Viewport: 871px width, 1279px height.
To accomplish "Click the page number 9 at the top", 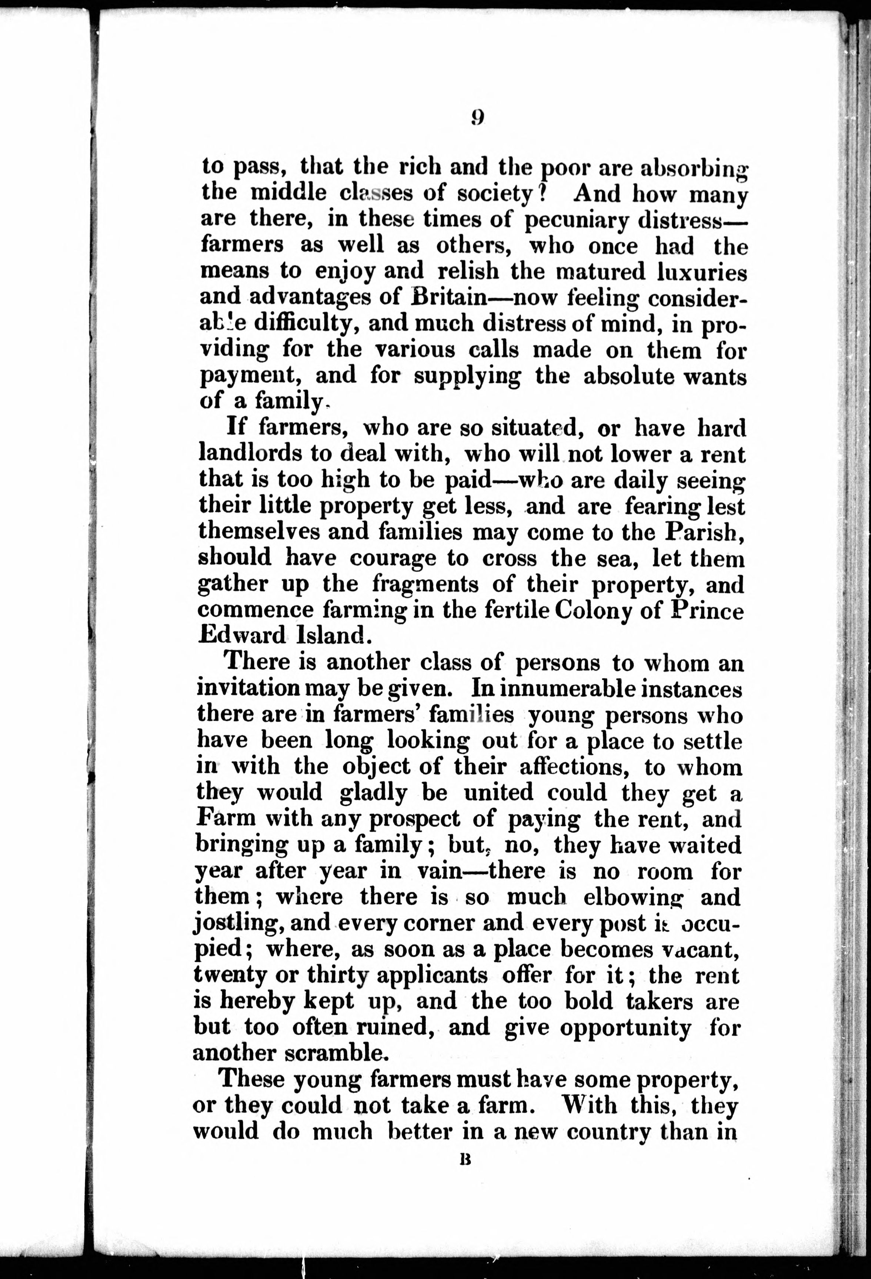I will [477, 118].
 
